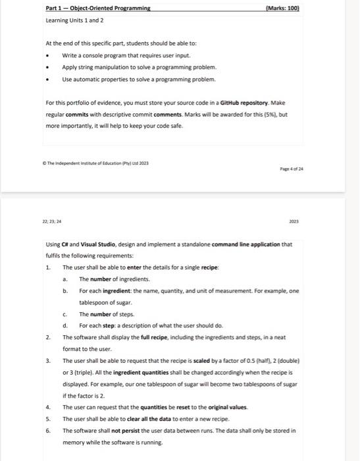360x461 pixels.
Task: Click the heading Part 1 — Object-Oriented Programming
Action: [98, 8]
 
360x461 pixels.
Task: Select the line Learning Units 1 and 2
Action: [71, 20]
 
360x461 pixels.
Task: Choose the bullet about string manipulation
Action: [138, 68]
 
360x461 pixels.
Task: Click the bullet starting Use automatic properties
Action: [138, 79]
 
